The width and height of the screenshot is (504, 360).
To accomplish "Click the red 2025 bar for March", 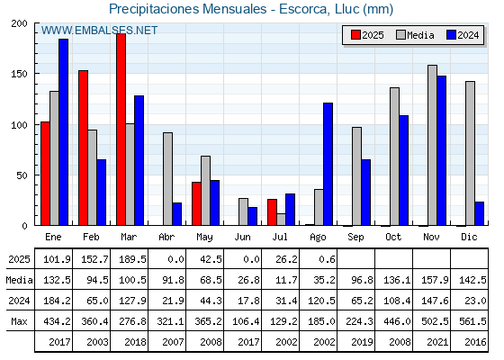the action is [x=121, y=130].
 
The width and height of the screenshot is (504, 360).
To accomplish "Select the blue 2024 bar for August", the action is [x=328, y=164].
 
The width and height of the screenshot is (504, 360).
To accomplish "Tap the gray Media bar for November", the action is [x=432, y=145].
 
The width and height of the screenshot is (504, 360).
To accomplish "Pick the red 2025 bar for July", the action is [x=272, y=212].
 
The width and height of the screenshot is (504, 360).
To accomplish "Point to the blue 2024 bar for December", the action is [x=479, y=213].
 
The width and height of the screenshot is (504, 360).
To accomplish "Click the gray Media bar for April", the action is [x=167, y=179].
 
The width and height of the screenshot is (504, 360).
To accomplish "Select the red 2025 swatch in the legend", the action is [x=355, y=35].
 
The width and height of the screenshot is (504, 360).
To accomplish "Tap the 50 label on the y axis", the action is [x=22, y=175].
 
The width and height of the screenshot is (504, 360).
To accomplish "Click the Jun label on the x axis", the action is [x=242, y=237].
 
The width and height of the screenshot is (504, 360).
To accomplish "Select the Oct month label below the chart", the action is [x=393, y=237].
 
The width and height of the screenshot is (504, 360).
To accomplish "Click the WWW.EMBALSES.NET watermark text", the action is [x=99, y=31].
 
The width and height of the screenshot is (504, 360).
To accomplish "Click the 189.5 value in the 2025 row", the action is [x=132, y=259].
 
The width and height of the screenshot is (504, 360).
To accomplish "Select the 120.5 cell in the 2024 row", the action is [x=321, y=301].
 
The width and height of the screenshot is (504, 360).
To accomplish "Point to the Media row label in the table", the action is [x=19, y=280].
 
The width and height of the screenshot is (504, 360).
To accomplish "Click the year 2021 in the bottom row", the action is [x=437, y=342].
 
